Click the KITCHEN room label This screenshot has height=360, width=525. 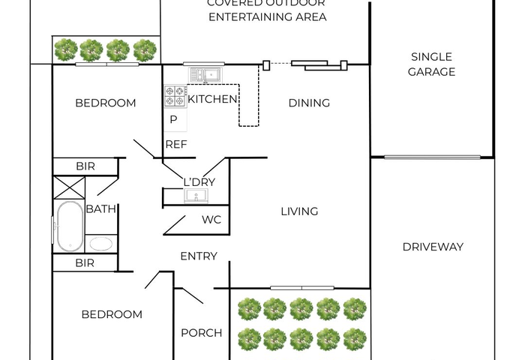click(212, 99)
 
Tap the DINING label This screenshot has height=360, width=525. click(309, 103)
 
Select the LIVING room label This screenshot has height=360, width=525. click(299, 211)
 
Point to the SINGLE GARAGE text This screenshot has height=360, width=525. click(431, 64)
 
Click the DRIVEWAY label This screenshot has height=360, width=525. click(433, 247)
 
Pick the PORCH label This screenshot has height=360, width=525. click(202, 333)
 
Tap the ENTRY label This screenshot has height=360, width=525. click(199, 256)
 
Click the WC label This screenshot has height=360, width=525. click(211, 220)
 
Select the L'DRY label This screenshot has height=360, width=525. click(199, 181)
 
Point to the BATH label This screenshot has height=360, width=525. click(100, 209)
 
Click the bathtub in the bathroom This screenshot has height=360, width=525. click(69, 226)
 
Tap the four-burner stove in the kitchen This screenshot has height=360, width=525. click(175, 95)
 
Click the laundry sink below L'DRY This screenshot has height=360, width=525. click(198, 196)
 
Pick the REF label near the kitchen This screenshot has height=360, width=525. click(175, 144)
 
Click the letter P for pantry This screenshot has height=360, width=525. click(173, 119)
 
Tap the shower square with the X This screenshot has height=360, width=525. click(68, 187)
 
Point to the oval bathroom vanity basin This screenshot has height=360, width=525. click(100, 244)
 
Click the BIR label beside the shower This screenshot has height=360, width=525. click(85, 166)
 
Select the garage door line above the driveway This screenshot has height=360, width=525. click(432, 157)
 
